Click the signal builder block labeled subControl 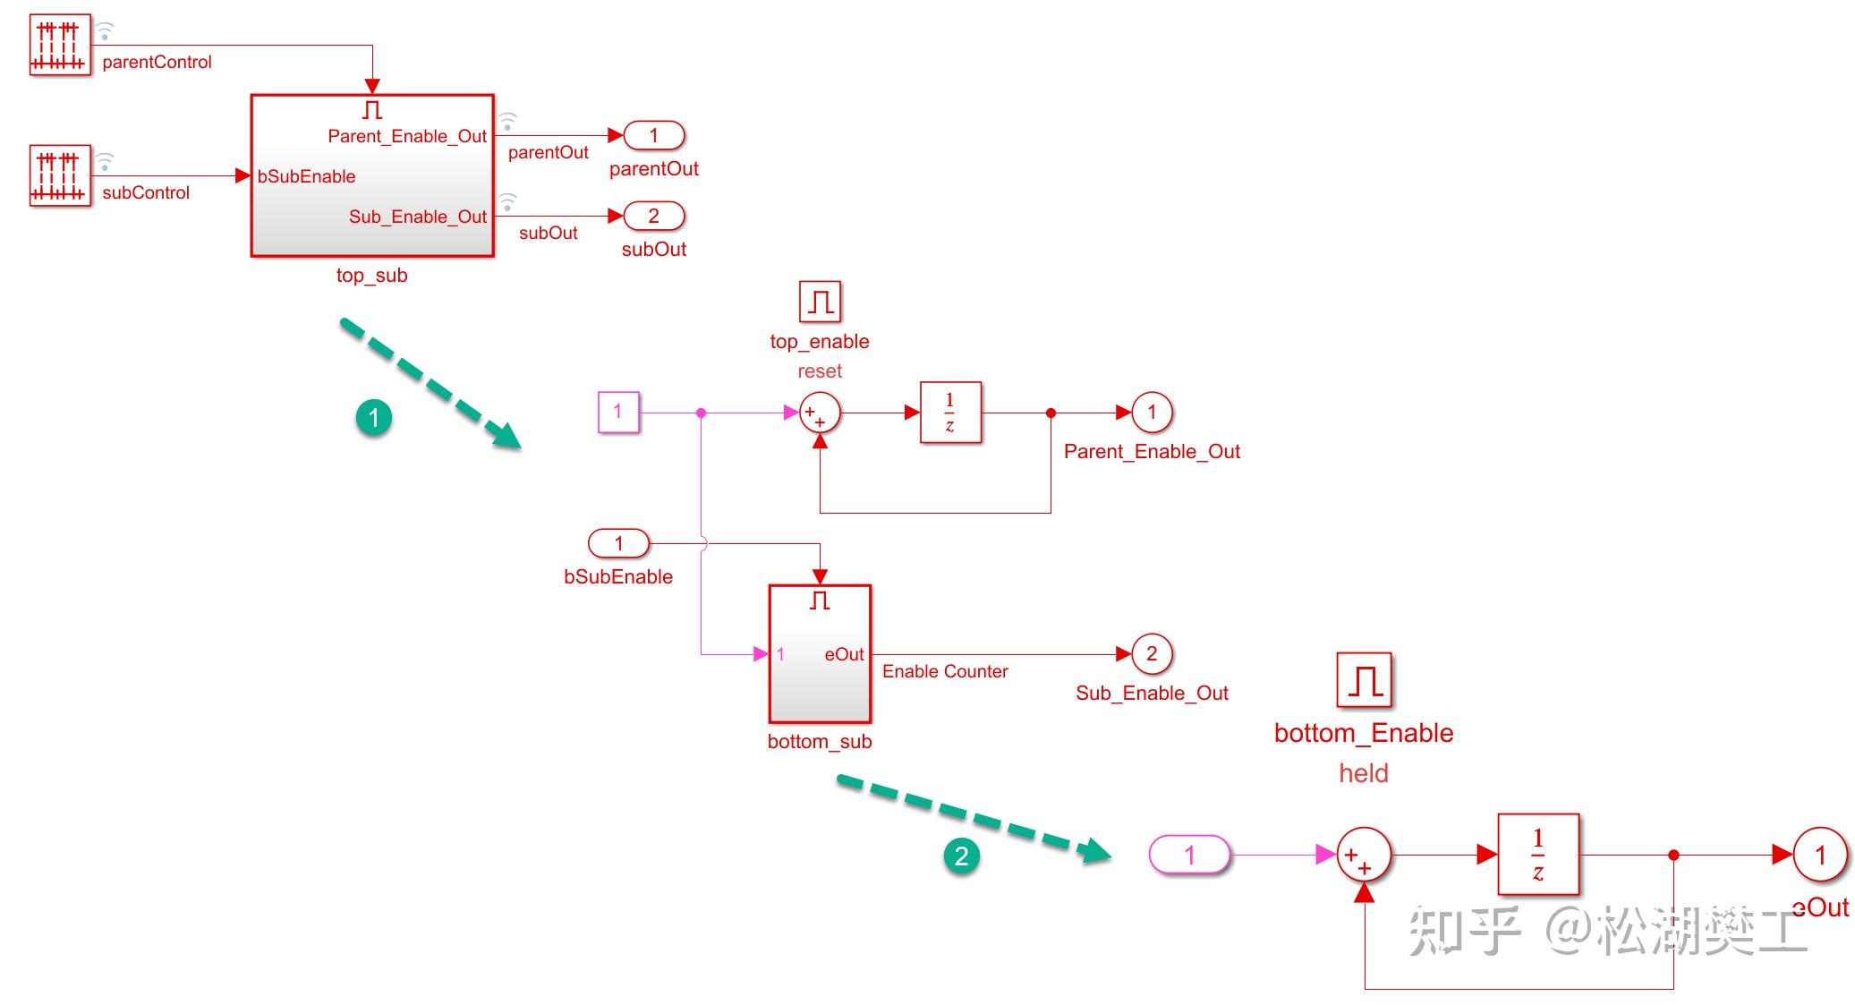coord(60,175)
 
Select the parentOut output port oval coord(653,135)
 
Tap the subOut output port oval coord(653,216)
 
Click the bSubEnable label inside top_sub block coord(306,176)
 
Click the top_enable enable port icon coord(820,302)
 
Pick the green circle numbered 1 coord(374,417)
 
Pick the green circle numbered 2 coord(961,856)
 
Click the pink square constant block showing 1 coord(618,413)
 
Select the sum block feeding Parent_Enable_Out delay coord(819,413)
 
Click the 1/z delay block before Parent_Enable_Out coord(950,413)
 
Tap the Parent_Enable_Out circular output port coord(1152,413)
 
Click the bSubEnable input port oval coord(618,543)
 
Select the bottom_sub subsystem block coord(820,654)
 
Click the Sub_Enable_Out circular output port coord(1152,654)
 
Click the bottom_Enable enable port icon coord(1364,680)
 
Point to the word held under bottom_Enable coord(1363,773)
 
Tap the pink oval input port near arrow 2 coord(1189,855)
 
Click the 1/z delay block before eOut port coord(1537,855)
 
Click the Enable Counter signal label coord(945,672)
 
